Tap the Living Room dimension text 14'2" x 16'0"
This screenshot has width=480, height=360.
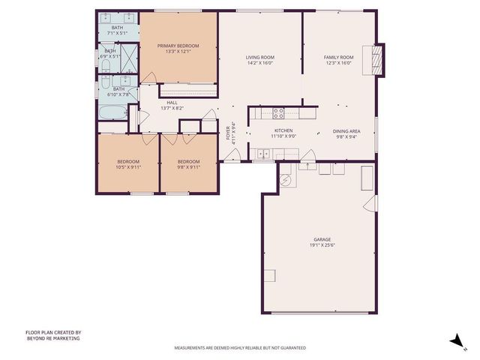pyautogui.click(x=260, y=63)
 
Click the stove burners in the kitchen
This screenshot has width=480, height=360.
pyautogui.click(x=278, y=113)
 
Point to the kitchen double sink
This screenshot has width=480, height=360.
pyautogui.click(x=263, y=154)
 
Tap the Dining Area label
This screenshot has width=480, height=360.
pyautogui.click(x=346, y=131)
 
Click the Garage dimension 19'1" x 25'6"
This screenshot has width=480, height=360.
pyautogui.click(x=322, y=245)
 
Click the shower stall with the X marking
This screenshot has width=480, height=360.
pyautogui.click(x=129, y=56)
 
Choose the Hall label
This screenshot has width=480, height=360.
pyautogui.click(x=172, y=103)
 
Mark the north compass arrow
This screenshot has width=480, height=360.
pyautogui.click(x=455, y=341)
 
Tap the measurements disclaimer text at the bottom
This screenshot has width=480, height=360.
pyautogui.click(x=240, y=348)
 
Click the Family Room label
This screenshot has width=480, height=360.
pyautogui.click(x=338, y=57)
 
